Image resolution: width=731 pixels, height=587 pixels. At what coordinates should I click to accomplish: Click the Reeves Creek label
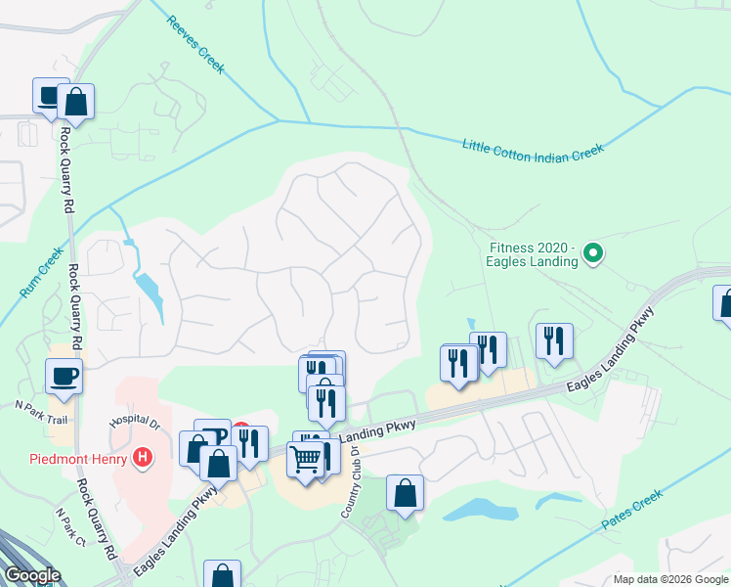(196, 45)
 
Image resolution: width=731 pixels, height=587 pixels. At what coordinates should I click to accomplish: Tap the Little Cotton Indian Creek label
(534, 148)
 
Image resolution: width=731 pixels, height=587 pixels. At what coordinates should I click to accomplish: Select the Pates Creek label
(632, 510)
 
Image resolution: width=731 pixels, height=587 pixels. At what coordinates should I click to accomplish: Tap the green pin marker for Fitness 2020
(592, 255)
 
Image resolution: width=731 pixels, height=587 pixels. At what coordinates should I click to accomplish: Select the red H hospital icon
(144, 457)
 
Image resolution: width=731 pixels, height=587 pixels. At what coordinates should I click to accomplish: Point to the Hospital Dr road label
(134, 421)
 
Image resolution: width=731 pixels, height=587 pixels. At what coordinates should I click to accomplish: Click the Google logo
(32, 575)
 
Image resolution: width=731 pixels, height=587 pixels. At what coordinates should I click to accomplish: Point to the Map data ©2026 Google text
(669, 579)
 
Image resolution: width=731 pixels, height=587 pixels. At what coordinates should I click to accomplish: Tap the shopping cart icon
(307, 459)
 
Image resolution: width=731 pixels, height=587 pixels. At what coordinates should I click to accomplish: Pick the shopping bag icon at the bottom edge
(223, 575)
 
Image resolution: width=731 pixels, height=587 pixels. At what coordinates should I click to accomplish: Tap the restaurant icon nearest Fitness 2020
(554, 341)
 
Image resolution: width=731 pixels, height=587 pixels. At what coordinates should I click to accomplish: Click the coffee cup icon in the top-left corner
(50, 96)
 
